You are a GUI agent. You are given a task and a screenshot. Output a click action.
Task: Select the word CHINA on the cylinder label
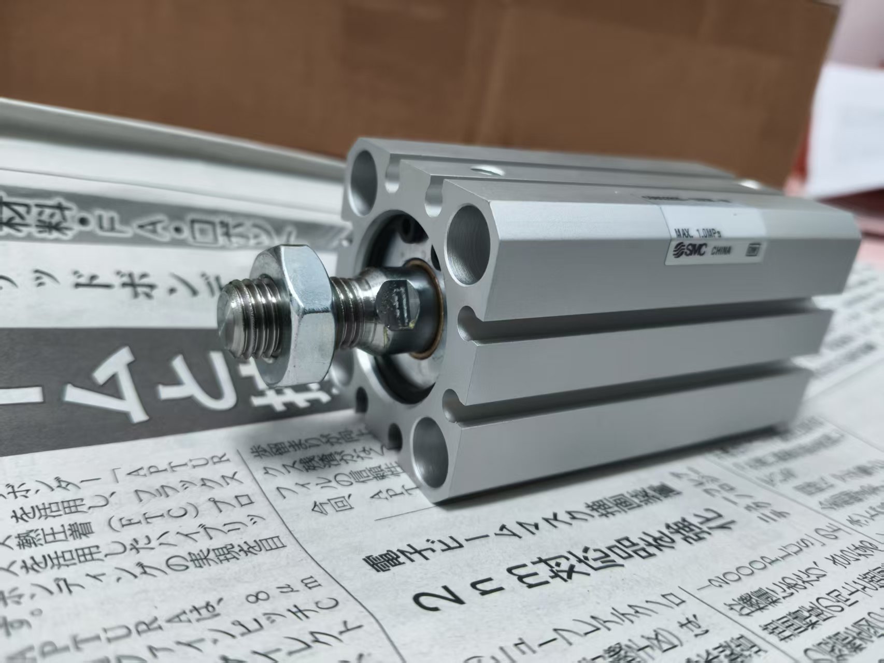point(721,251)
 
